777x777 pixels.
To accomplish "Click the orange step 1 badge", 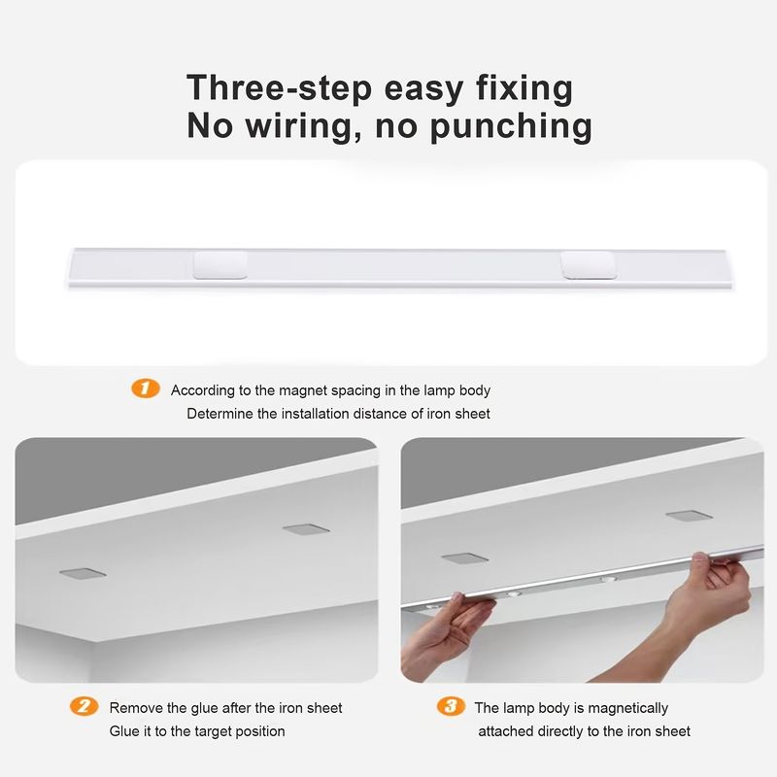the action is click(145, 388).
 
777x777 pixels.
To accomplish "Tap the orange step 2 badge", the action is click(84, 706).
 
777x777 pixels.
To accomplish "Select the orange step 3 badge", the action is click(451, 706).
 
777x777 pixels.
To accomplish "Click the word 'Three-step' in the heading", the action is click(279, 88).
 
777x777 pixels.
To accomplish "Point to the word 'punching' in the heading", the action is click(511, 127).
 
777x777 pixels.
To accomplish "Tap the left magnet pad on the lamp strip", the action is click(220, 264).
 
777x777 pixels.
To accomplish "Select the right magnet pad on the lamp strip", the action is click(589, 264).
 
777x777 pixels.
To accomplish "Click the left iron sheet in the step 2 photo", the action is click(83, 573).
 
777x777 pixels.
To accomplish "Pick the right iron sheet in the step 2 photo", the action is click(306, 529).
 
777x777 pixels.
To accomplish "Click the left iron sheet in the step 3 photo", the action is click(465, 558).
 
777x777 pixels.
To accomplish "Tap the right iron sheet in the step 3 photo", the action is click(689, 516).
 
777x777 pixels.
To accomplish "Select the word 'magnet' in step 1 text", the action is click(303, 390).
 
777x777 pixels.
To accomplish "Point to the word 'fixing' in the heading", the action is click(524, 88).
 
